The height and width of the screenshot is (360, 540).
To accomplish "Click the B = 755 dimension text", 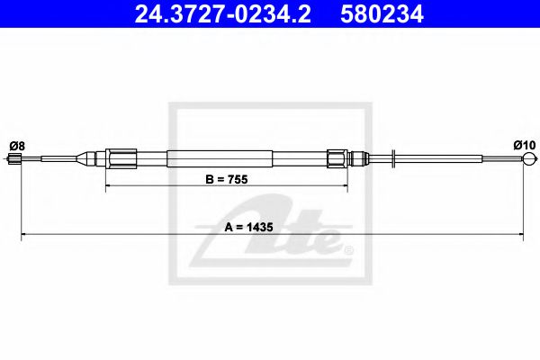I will tap(226, 179).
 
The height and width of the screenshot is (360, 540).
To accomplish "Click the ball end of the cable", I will tap(527, 160).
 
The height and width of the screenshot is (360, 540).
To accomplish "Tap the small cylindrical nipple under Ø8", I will tap(13, 160).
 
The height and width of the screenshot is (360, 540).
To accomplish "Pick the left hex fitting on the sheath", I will tap(119, 159).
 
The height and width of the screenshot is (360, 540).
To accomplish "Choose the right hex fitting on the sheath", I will tap(337, 159).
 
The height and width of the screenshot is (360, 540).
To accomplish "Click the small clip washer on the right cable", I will tap(394, 159).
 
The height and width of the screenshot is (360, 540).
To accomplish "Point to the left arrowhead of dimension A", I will tap(24, 236).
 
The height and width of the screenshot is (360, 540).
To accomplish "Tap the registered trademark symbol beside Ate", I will tap(349, 249).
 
